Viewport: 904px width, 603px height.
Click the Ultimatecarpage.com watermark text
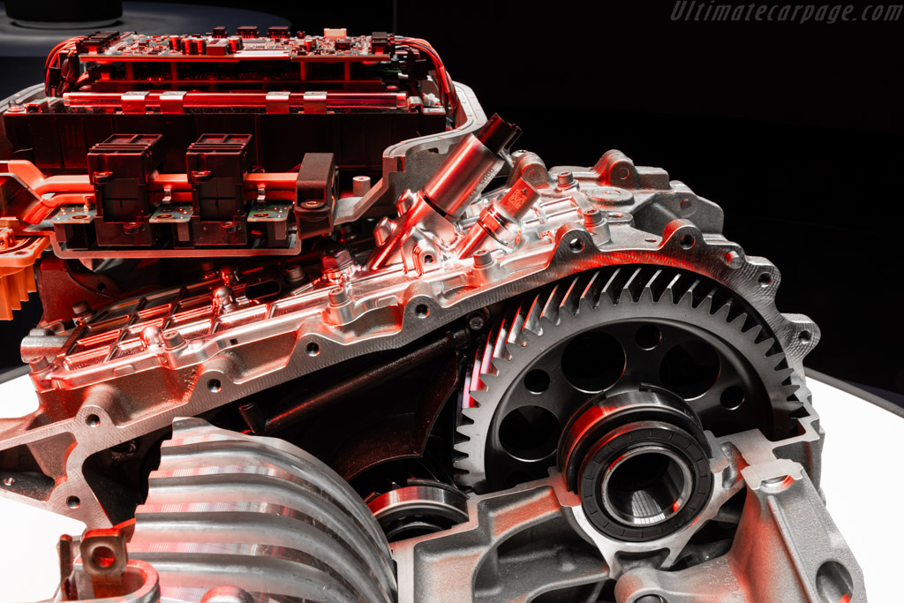pos(786,11)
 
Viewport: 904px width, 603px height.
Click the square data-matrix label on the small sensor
pos(515,200)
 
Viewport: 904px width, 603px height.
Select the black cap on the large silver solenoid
pos(496,132)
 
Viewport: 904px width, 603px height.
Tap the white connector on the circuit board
pos(335,33)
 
